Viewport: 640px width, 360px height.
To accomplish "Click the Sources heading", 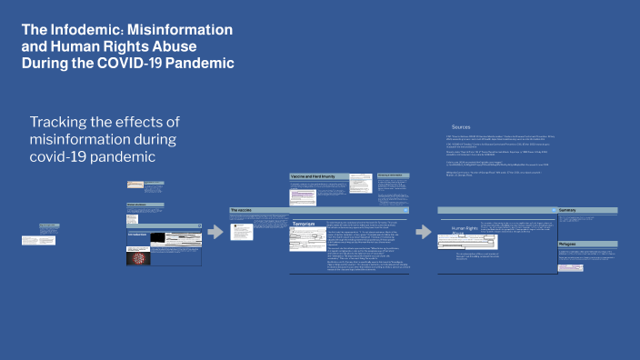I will coord(461,126).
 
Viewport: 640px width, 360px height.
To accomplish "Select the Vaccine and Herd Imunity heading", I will coord(313,175).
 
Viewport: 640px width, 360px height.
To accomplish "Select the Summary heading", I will coord(570,210).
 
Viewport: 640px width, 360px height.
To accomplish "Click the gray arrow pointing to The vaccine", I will coord(215,232).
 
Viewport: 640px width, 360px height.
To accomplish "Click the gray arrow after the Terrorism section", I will coord(423,232).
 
